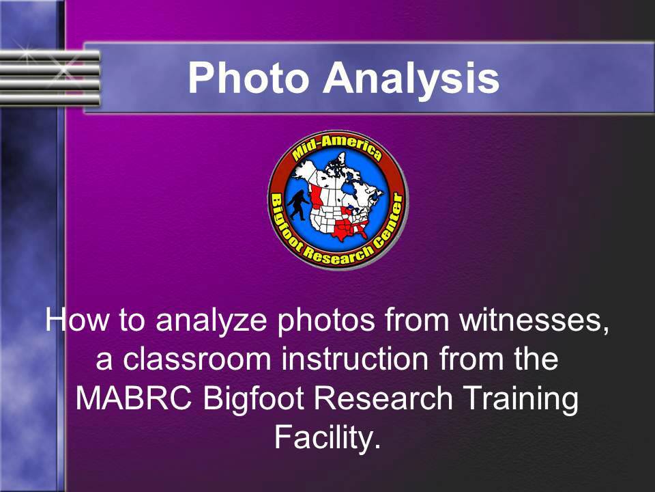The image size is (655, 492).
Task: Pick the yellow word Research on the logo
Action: tap(333, 255)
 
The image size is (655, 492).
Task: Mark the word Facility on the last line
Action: tap(327, 438)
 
